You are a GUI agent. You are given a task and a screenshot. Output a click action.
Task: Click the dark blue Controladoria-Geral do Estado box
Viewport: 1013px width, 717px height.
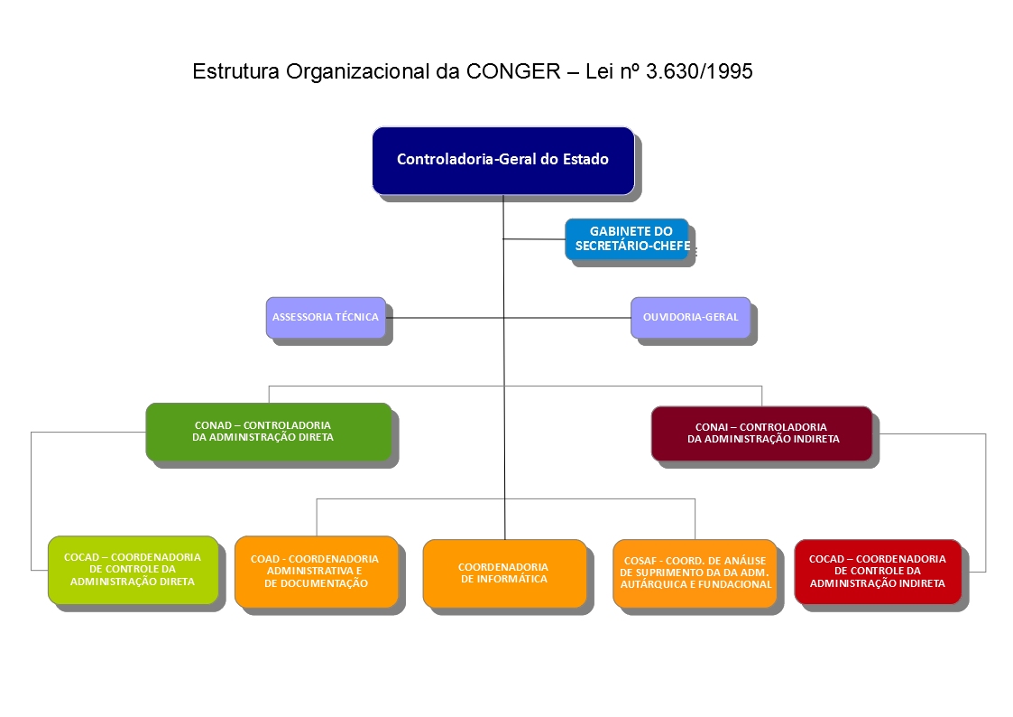(x=503, y=161)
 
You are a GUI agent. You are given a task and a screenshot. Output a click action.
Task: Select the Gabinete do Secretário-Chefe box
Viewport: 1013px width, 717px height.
(x=627, y=239)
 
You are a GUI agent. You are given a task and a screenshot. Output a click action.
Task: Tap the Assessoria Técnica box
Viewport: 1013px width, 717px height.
(x=326, y=318)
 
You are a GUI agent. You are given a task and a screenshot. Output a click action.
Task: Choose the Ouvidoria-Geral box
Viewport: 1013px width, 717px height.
(x=691, y=318)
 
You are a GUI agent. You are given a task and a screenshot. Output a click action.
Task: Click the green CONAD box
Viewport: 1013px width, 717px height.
(x=269, y=432)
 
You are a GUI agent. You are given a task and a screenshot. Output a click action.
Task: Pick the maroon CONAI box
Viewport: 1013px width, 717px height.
(x=761, y=433)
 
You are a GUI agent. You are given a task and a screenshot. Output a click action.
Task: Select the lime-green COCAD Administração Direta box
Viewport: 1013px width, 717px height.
(x=134, y=570)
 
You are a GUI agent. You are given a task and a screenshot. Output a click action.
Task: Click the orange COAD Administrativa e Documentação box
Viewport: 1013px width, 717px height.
(x=317, y=572)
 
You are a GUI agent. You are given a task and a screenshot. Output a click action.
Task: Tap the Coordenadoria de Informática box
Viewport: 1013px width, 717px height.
(x=504, y=573)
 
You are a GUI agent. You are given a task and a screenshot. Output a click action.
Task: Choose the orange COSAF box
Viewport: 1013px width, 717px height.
(x=695, y=573)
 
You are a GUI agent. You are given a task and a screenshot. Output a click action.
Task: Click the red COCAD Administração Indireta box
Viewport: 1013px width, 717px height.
(x=878, y=572)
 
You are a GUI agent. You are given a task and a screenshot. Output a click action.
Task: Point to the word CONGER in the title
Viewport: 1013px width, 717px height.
(x=513, y=71)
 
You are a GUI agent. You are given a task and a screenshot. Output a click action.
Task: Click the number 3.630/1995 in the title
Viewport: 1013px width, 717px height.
(x=700, y=71)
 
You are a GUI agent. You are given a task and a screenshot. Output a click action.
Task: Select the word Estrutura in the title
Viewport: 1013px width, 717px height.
(x=235, y=71)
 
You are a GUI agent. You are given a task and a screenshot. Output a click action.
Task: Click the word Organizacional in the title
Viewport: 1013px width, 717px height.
(x=358, y=71)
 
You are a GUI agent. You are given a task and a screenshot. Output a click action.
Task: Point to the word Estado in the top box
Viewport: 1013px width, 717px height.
(x=585, y=159)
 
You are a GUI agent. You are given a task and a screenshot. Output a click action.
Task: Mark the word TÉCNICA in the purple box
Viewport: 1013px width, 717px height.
(x=357, y=317)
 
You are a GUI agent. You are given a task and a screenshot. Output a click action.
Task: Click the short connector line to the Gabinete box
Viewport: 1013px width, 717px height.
(x=534, y=239)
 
